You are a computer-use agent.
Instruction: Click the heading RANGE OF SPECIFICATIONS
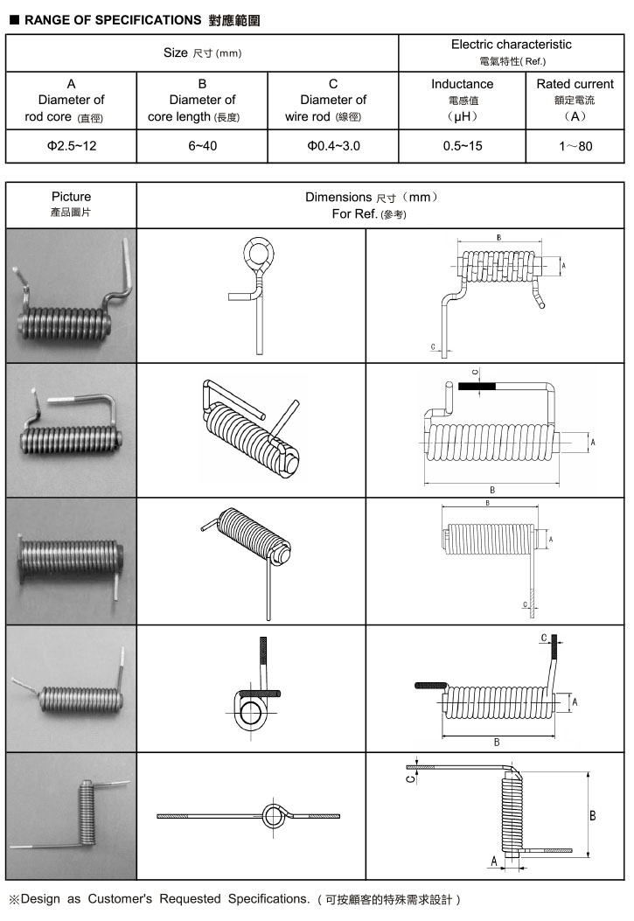tap(113, 18)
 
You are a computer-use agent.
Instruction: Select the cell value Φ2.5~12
tap(72, 145)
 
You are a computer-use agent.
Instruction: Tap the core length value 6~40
tap(202, 145)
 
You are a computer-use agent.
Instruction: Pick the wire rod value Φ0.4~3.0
tap(333, 145)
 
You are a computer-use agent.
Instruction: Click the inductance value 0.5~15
tap(462, 145)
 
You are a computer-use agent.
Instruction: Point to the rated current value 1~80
tap(575, 145)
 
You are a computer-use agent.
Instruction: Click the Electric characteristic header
tap(511, 44)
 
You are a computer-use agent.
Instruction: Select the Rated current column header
tap(575, 84)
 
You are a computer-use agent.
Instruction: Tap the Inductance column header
tap(462, 84)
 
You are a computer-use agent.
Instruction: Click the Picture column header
tap(71, 197)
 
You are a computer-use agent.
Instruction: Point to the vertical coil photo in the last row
tap(86, 814)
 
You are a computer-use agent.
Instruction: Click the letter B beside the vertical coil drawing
tap(593, 815)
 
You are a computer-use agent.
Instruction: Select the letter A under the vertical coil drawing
tap(494, 862)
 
